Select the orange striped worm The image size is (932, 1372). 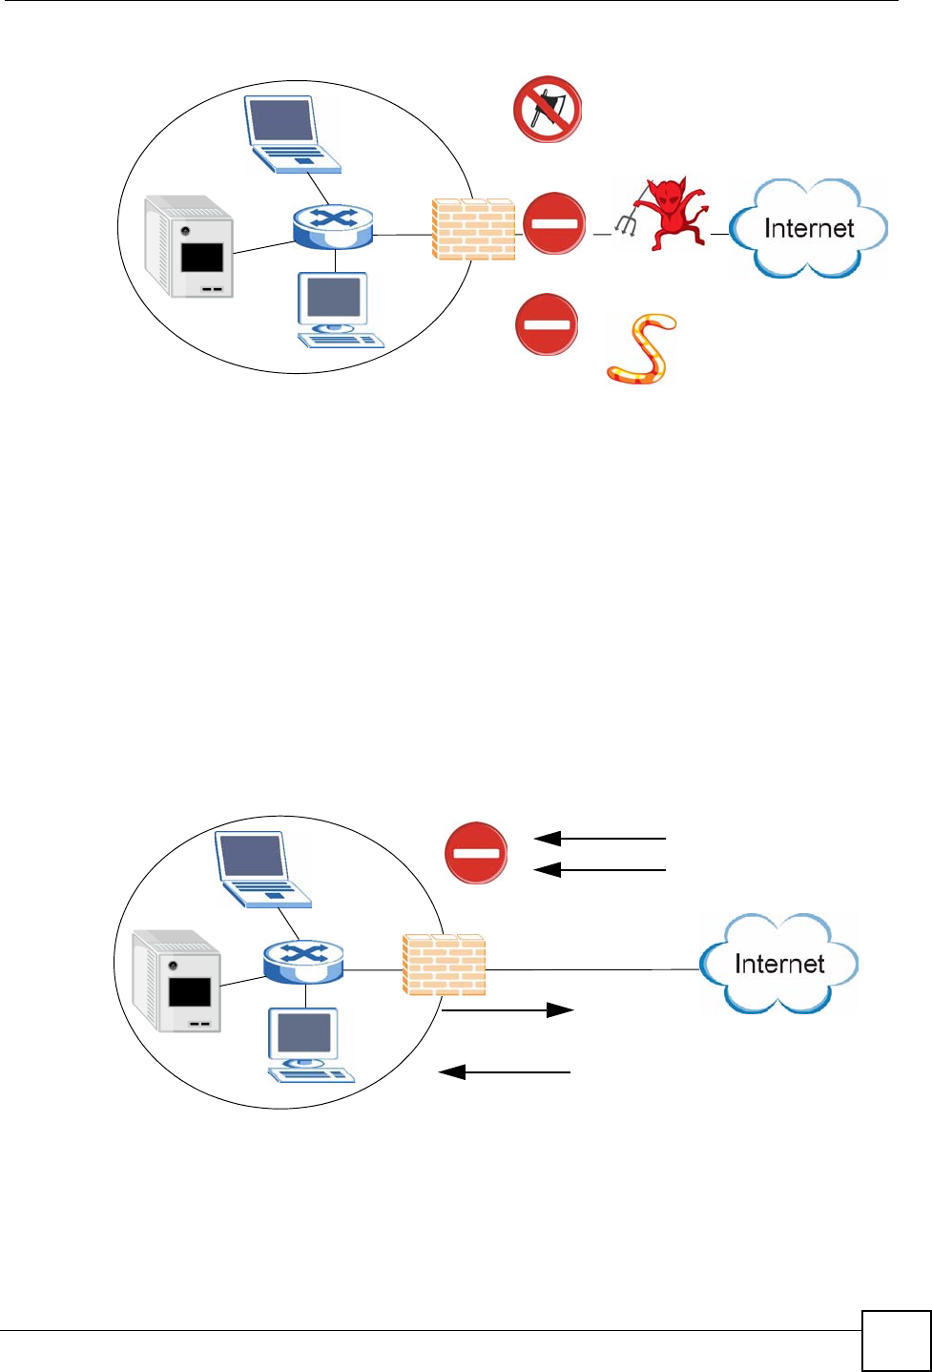(x=643, y=349)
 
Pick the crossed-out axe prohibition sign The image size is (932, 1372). (x=548, y=111)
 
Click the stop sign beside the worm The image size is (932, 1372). (x=547, y=324)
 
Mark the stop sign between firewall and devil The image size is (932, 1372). (x=555, y=223)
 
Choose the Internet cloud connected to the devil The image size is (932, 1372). (x=808, y=227)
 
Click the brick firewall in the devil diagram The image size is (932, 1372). (x=473, y=229)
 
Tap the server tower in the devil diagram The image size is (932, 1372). (x=189, y=246)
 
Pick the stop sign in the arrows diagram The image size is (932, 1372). (x=476, y=852)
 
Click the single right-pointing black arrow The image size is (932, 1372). (x=508, y=1010)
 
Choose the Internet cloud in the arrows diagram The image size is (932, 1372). (x=778, y=963)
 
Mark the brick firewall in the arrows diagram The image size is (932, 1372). (x=444, y=965)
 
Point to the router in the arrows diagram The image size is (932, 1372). (x=303, y=962)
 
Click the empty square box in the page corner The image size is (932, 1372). (x=896, y=1340)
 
